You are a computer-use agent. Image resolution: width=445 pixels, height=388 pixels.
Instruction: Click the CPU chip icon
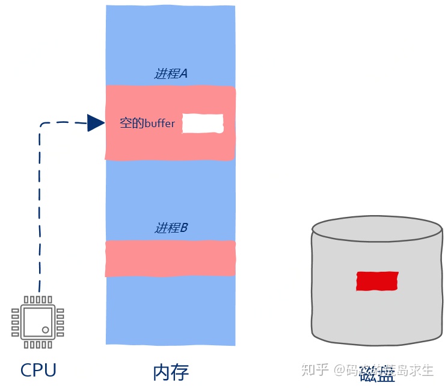[x=37, y=322]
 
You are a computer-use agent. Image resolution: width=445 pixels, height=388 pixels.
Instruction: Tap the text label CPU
[x=38, y=369]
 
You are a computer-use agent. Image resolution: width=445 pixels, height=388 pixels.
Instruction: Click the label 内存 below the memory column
[x=170, y=369]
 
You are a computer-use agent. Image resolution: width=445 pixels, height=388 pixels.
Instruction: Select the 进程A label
[x=171, y=74]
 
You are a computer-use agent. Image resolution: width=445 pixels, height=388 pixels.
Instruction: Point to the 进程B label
[x=171, y=228]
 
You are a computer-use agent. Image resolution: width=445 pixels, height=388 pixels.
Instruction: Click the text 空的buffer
[x=147, y=124]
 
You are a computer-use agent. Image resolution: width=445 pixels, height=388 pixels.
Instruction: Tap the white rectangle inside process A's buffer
[x=203, y=124]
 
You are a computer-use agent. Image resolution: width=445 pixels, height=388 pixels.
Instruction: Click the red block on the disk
[x=376, y=281]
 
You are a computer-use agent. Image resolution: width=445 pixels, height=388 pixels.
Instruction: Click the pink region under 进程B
[x=170, y=258]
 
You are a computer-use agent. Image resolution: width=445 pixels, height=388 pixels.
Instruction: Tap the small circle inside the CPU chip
[x=46, y=330]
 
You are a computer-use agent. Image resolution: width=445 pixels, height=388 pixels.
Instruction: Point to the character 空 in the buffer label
[x=126, y=124]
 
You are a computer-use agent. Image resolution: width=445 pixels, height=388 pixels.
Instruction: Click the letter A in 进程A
[x=184, y=74]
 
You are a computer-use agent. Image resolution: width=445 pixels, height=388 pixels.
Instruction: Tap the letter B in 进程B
[x=184, y=228]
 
